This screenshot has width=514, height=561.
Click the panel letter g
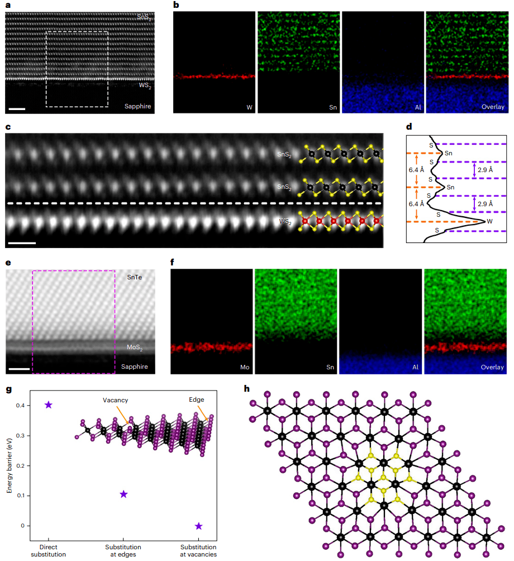pyautogui.click(x=8, y=389)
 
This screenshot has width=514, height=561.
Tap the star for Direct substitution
pyautogui.click(x=49, y=405)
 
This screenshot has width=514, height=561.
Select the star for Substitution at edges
pyautogui.click(x=123, y=494)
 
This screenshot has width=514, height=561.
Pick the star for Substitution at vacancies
pyautogui.click(x=198, y=526)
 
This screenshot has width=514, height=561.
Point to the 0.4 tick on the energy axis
pyautogui.click(x=21, y=405)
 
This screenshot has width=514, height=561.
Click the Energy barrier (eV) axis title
pyautogui.click(x=9, y=465)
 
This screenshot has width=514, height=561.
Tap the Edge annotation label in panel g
pyautogui.click(x=196, y=400)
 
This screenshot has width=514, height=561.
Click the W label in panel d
pyautogui.click(x=490, y=222)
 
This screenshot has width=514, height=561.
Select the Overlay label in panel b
pyautogui.click(x=493, y=107)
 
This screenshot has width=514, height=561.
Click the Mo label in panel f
pyautogui.click(x=241, y=368)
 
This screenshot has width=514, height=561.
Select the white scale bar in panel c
pyautogui.click(x=23, y=243)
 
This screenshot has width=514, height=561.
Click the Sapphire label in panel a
pyautogui.click(x=138, y=106)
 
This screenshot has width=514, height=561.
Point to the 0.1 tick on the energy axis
pyautogui.click(x=21, y=496)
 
